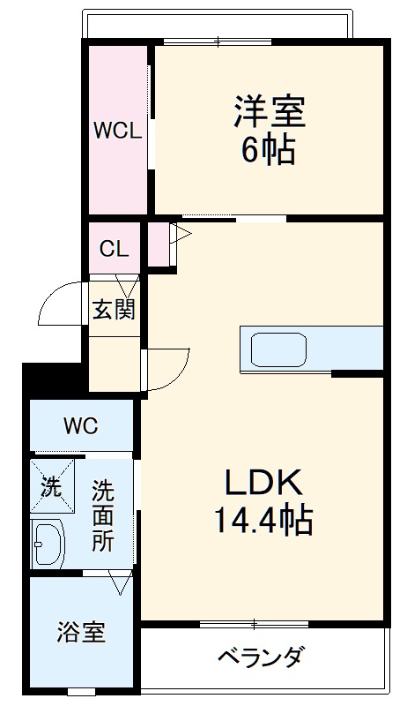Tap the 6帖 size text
click(269, 151)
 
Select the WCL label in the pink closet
click(117, 131)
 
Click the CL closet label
click(114, 249)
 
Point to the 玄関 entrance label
click(115, 310)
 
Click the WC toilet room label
click(80, 426)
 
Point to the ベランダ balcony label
click(261, 657)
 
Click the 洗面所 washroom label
click(104, 514)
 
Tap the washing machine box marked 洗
click(49, 485)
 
